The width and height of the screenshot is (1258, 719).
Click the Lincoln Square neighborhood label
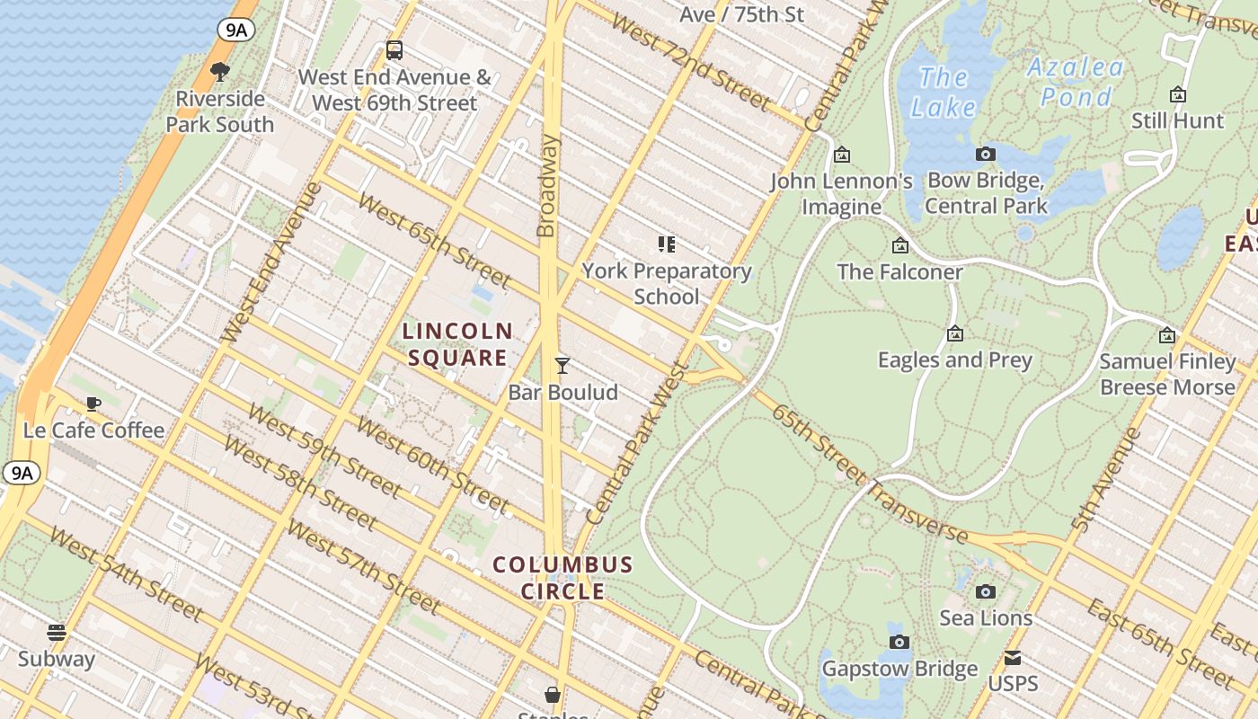(x=457, y=344)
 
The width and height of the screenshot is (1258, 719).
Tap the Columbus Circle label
(x=563, y=578)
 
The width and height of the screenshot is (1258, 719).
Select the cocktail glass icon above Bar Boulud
(x=563, y=366)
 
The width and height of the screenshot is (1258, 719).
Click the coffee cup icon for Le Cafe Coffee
(x=93, y=404)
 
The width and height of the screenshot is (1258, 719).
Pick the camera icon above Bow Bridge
(x=986, y=155)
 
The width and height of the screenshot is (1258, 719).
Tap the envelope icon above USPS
(x=1013, y=658)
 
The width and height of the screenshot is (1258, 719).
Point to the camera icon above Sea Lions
(x=986, y=591)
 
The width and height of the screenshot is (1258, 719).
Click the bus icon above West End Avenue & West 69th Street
(x=394, y=50)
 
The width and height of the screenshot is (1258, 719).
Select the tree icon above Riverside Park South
(x=219, y=72)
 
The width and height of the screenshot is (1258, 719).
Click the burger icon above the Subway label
(x=57, y=633)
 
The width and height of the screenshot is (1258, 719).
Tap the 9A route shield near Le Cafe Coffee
(x=21, y=472)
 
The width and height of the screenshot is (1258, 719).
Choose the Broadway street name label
(x=547, y=186)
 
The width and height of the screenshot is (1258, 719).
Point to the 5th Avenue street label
(x=1106, y=480)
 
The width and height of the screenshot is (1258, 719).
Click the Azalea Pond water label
(x=1076, y=81)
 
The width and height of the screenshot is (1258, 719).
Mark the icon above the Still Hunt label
(x=1177, y=94)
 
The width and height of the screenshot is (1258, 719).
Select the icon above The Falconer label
(x=899, y=245)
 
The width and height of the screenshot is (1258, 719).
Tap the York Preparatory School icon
(x=666, y=244)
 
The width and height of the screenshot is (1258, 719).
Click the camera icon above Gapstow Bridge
(x=899, y=642)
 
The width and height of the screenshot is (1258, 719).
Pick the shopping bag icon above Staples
(x=553, y=695)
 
